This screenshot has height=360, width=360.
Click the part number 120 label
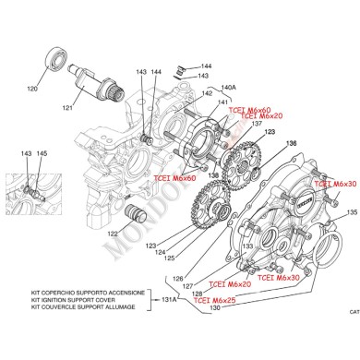tap(58, 90)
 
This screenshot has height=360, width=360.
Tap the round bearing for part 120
tap(55, 66)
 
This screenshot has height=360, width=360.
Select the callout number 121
tap(92, 109)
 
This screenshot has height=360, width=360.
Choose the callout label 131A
tap(169, 300)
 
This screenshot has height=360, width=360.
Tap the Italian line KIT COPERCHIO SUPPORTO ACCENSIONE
tap(89, 293)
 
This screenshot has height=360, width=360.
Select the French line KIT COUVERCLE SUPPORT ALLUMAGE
tap(89, 307)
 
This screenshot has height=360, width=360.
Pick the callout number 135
tap(351, 212)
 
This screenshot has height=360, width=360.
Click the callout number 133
tap(247, 246)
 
